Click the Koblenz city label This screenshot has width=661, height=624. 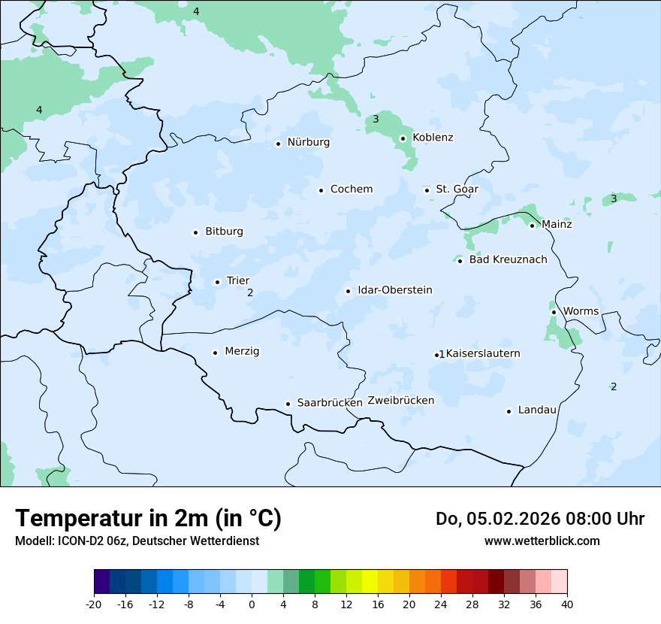click(x=433, y=138)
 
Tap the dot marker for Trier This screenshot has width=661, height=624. click(x=217, y=282)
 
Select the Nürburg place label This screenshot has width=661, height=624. click(x=308, y=142)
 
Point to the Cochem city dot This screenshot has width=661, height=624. click(x=321, y=190)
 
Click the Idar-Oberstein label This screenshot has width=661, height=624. click(x=394, y=290)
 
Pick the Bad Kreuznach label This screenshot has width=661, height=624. click(x=508, y=260)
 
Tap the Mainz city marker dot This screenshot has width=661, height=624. click(x=532, y=226)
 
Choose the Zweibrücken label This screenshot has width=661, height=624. click(x=400, y=401)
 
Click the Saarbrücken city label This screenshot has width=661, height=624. click(x=330, y=403)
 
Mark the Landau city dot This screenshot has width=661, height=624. click(x=509, y=411)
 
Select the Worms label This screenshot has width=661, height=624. click(x=581, y=311)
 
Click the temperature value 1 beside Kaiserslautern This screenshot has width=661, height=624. click(x=442, y=354)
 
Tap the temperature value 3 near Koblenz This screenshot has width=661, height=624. click(x=376, y=120)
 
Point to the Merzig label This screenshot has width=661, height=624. click(x=242, y=351)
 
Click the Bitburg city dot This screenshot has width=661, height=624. click(x=195, y=232)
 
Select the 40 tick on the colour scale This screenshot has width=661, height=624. click(x=566, y=604)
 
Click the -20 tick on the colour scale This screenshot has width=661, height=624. click(x=94, y=604)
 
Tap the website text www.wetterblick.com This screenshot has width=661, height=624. click(x=542, y=541)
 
